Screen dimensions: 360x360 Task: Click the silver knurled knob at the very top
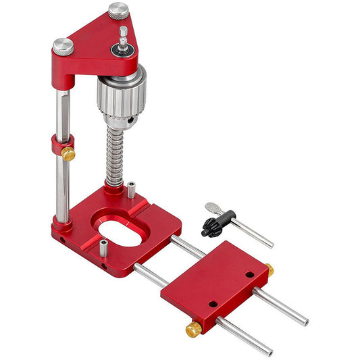[x=119, y=11]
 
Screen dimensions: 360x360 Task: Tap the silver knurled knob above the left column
[x=63, y=46]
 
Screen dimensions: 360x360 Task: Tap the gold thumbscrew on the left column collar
[x=68, y=153]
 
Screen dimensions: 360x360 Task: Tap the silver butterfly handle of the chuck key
[x=214, y=207]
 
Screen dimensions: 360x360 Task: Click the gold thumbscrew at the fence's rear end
[x=269, y=270]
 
